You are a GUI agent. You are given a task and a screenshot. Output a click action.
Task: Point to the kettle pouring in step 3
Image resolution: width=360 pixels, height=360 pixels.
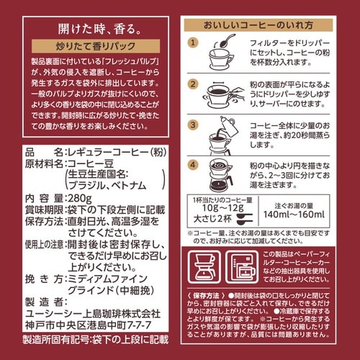[x=223, y=133]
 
